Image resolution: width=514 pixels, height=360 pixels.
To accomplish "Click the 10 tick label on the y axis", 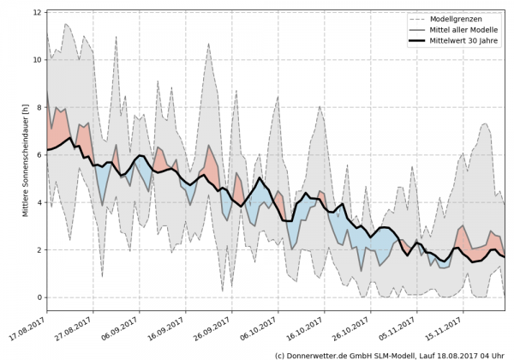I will pyautogui.click(x=38, y=60).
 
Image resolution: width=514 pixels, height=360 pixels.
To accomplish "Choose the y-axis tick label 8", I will pyautogui.click(x=39, y=108).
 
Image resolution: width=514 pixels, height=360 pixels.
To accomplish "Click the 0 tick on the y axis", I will pyautogui.click(x=39, y=297).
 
